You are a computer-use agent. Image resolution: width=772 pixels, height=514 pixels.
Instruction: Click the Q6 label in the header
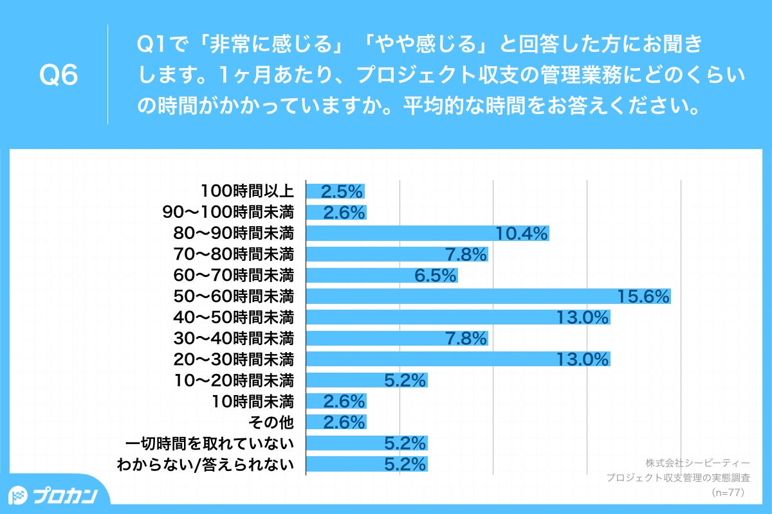click(59, 76)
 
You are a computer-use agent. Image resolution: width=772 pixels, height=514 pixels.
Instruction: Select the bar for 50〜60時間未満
click(488, 296)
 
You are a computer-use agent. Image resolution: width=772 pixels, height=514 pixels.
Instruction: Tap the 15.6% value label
click(643, 296)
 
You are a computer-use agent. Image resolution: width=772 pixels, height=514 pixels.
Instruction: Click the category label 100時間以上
click(247, 191)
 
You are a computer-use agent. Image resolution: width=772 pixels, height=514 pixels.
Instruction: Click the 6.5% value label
click(436, 276)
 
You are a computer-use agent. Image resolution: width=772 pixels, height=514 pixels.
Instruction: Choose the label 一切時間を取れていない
click(210, 443)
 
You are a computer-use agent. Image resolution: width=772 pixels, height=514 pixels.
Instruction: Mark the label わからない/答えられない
click(205, 465)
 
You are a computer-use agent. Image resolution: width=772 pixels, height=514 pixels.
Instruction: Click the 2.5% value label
click(342, 191)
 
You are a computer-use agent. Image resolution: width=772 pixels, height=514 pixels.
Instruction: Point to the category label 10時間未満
click(253, 402)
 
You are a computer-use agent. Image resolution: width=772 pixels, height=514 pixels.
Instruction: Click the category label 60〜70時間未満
click(234, 276)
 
